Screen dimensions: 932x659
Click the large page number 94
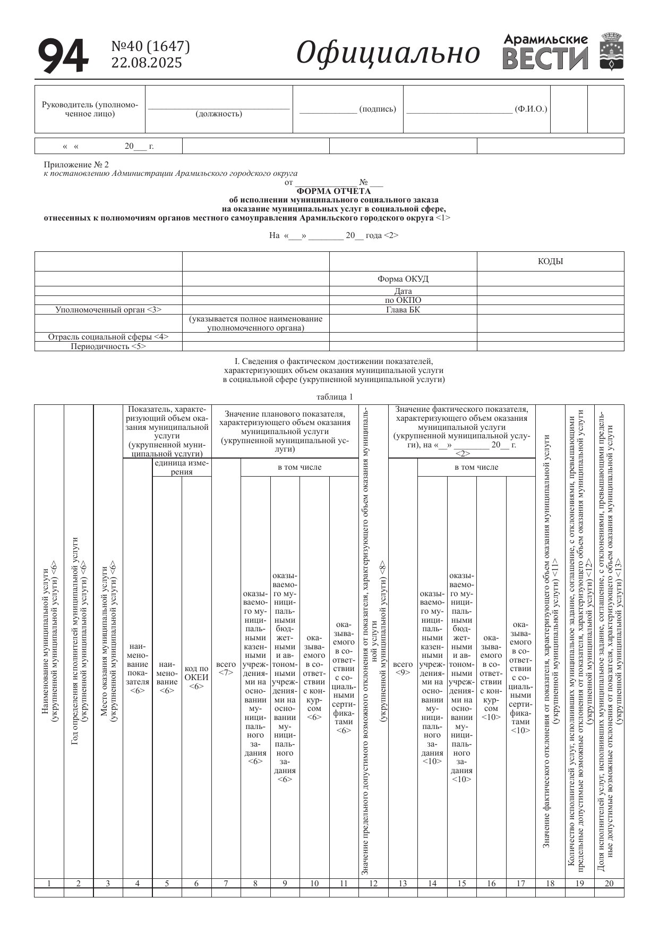(63, 56)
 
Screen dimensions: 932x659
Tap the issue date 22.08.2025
(146, 63)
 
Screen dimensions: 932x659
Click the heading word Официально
(388, 53)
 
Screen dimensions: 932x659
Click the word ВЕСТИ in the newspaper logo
(545, 58)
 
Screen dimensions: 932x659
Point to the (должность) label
(219, 114)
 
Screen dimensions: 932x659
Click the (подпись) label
(378, 109)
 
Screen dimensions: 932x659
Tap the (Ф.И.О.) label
(531, 109)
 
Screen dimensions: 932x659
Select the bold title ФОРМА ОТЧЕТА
(333, 191)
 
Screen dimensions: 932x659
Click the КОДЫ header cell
(550, 261)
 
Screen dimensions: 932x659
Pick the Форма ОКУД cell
(403, 279)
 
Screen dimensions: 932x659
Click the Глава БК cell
(403, 310)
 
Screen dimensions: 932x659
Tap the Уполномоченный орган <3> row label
(108, 310)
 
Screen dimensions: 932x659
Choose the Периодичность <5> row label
(108, 346)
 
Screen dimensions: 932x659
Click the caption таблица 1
(335, 397)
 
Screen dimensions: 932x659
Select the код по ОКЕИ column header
(196, 675)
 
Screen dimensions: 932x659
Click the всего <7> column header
(226, 668)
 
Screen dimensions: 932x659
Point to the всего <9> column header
(403, 668)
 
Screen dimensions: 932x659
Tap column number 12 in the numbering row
(373, 884)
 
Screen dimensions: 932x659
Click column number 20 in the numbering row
(609, 884)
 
